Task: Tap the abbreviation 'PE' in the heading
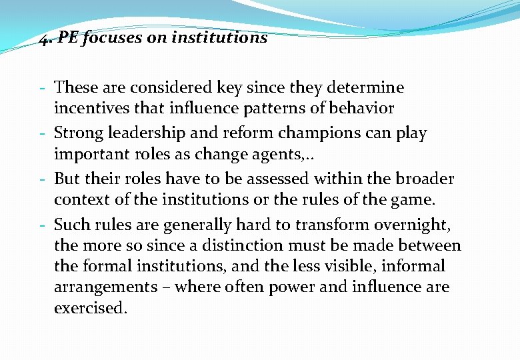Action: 68,38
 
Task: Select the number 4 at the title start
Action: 43,39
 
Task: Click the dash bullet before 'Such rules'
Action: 42,225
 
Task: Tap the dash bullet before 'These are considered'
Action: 42,88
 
